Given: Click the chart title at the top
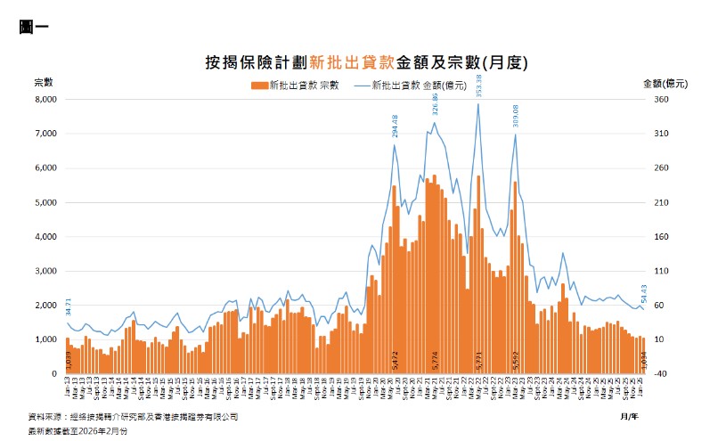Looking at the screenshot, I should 367,62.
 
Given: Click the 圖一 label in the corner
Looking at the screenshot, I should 33,26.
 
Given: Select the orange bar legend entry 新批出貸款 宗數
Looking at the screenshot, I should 294,86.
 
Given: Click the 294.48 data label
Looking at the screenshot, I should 394,127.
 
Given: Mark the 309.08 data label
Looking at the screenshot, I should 516,117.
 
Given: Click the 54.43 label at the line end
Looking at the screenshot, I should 644,293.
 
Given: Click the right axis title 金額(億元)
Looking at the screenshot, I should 665,83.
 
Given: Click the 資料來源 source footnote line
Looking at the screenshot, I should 134,416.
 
